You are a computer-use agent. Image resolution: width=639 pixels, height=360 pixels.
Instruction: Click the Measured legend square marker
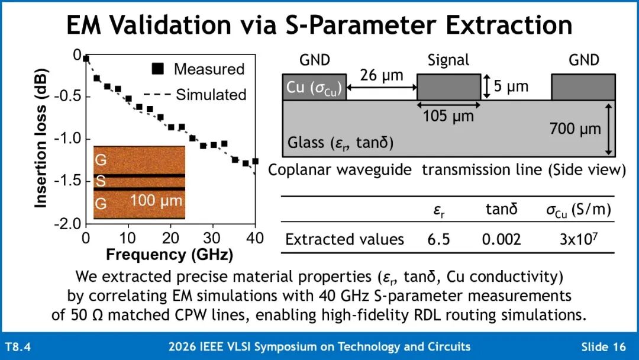pos(158,69)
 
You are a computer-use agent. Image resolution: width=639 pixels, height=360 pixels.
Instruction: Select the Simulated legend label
pos(211,95)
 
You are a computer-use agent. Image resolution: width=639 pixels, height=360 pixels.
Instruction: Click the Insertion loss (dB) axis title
pos(41,138)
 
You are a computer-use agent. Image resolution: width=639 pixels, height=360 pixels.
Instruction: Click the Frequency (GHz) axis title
pos(170,255)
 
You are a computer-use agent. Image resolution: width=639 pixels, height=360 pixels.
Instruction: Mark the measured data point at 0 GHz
pos(86,59)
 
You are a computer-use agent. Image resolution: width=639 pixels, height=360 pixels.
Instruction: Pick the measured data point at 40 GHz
pos(255,161)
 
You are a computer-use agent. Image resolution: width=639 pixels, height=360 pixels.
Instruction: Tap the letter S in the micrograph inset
pos(100,181)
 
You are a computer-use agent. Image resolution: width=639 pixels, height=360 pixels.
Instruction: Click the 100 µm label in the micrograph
pos(156,201)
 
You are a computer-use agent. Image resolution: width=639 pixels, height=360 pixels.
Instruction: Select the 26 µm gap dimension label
pos(382,75)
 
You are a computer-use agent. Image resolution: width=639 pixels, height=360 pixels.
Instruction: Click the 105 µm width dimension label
pos(448,116)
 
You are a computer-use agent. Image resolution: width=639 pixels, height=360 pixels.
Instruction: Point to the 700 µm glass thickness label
pos(575,129)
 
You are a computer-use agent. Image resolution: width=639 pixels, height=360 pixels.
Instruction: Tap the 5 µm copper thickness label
pos(511,86)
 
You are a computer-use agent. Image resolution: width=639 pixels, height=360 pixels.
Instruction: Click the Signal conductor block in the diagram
pos(448,87)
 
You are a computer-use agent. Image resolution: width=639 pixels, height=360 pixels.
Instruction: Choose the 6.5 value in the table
pos(438,239)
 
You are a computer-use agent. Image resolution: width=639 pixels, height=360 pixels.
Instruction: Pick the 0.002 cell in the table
pos(501,239)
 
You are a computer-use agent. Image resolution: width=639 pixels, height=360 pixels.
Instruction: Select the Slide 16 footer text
pos(603,346)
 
